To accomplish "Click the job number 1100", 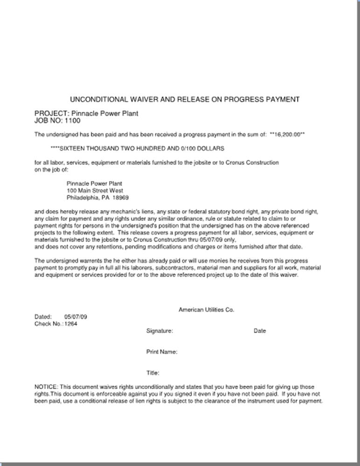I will point(73,121).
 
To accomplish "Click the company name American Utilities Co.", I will point(207,310).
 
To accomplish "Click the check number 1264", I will point(71,323).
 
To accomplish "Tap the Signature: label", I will point(160,331).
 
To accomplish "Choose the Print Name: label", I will point(162,352).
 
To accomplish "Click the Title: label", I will point(153,373).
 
